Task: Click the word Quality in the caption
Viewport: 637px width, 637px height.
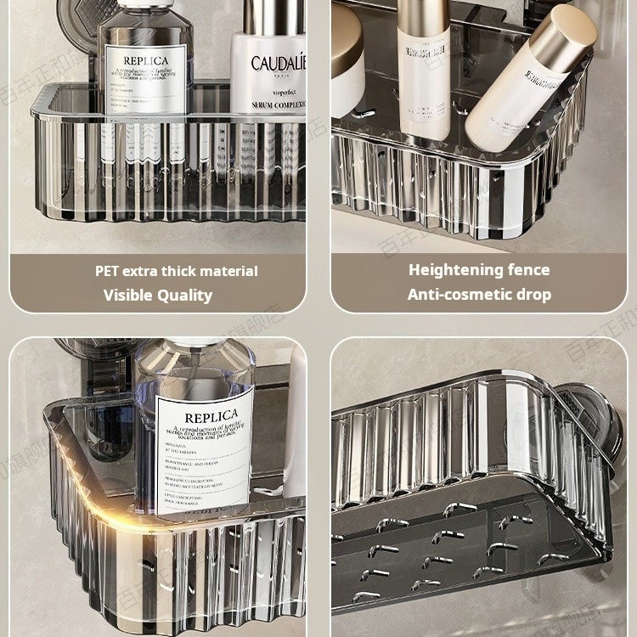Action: (x=185, y=296)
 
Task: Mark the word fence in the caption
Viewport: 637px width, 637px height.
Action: (x=530, y=270)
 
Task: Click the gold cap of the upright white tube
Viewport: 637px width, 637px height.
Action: (x=422, y=13)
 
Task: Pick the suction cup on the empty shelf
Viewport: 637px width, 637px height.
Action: (x=595, y=425)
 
